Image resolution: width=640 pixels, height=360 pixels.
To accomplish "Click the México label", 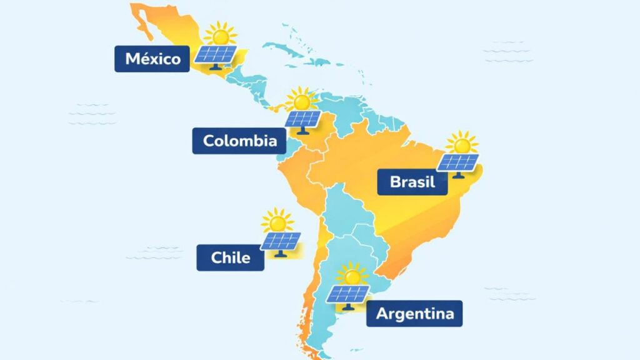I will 152,59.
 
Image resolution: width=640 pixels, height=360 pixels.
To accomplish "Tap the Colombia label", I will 239,141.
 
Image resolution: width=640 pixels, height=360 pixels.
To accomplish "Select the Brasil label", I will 412,182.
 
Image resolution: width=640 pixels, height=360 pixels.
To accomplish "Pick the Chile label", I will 231,257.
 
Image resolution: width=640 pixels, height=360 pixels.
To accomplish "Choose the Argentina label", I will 414,313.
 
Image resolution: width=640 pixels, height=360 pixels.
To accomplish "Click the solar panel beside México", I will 216,55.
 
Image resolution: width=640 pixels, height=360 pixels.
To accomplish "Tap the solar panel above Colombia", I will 304,119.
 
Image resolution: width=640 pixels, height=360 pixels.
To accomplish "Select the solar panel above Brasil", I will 458,162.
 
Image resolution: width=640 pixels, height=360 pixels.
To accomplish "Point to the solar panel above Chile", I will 281,241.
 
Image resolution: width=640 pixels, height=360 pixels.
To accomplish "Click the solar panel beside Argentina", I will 347,294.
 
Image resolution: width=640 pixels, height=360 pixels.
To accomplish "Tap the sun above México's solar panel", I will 219,32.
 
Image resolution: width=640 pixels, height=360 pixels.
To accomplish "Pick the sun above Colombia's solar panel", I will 302,99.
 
